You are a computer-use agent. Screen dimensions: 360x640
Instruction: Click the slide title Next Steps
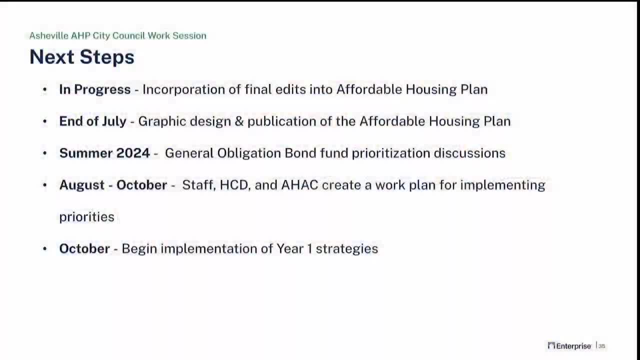[82, 57]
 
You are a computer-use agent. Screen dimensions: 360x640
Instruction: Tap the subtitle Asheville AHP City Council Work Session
[117, 35]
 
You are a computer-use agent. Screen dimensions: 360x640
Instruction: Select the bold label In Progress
[95, 89]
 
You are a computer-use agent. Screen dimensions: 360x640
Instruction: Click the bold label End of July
[93, 121]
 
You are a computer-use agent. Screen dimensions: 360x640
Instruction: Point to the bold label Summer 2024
[104, 153]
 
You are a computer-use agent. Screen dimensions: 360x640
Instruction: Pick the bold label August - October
[113, 185]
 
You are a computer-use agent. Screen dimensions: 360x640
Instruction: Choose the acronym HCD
[234, 185]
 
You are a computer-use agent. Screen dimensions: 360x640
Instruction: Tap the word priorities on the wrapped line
[86, 217]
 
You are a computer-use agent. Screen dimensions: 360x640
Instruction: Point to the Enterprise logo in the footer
[569, 346]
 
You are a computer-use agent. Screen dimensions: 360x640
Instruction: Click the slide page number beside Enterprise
[602, 346]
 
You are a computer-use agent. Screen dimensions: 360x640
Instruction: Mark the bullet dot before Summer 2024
[45, 153]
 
